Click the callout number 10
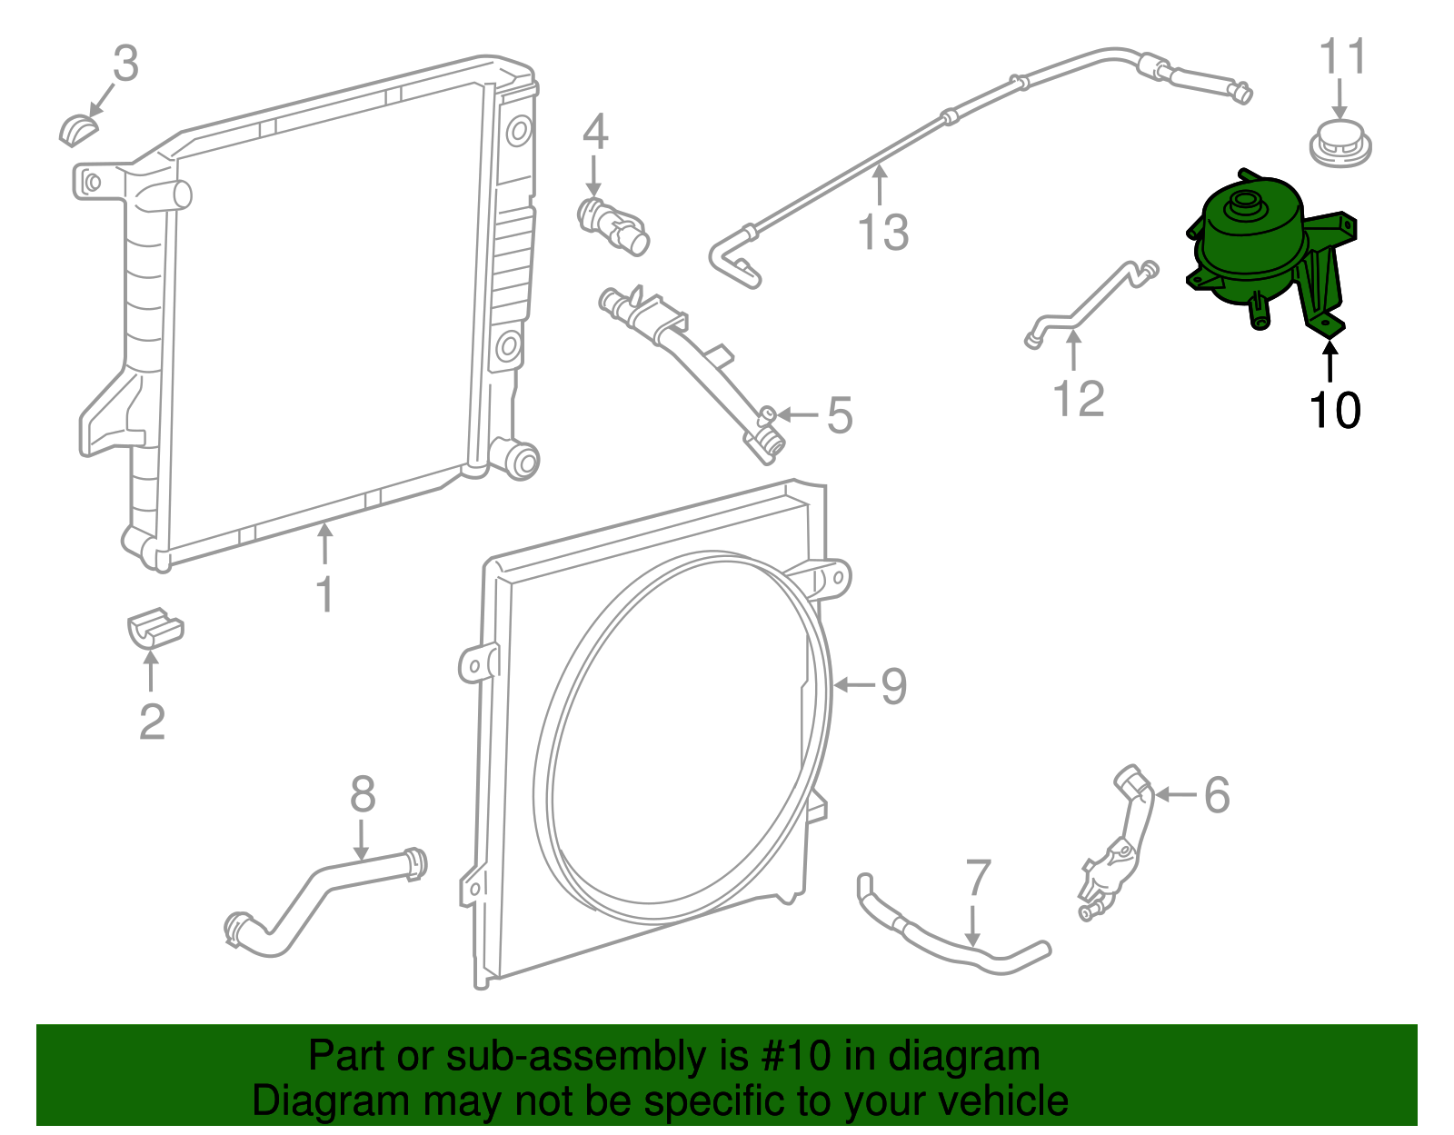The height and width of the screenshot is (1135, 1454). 1334,411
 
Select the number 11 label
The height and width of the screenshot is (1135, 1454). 1342,57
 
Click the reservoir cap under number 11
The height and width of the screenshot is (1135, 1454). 1339,144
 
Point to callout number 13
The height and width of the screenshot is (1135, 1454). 882,233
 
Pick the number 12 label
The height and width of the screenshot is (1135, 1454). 1078,399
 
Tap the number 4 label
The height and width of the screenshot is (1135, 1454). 594,133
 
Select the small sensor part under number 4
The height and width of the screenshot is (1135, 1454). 612,224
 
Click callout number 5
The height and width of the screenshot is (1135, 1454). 840,416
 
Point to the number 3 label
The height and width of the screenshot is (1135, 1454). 125,64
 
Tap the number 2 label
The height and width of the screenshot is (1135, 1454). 152,722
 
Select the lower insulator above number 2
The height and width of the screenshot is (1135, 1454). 154,628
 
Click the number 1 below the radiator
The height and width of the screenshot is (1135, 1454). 324,595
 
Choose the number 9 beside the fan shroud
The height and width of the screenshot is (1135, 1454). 893,686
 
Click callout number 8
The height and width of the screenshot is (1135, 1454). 363,795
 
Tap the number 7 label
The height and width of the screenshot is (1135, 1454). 977,879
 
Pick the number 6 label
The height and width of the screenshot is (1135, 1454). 1216,795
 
